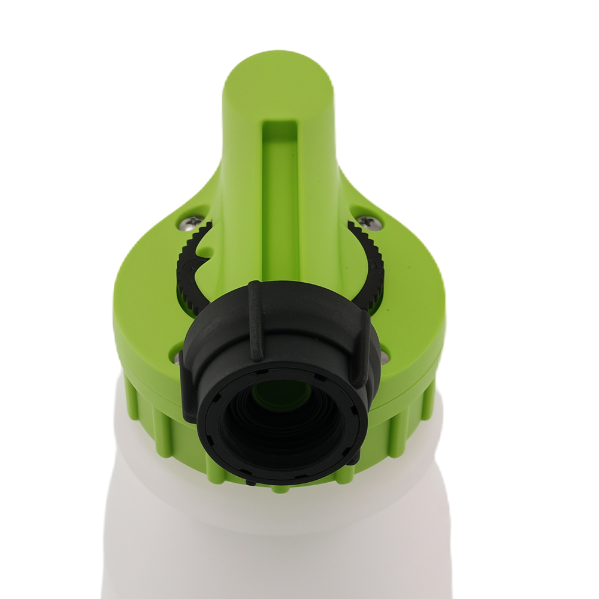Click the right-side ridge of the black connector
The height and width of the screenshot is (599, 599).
pos(362,347)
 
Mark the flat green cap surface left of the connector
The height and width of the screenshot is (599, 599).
pos(144,323)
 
